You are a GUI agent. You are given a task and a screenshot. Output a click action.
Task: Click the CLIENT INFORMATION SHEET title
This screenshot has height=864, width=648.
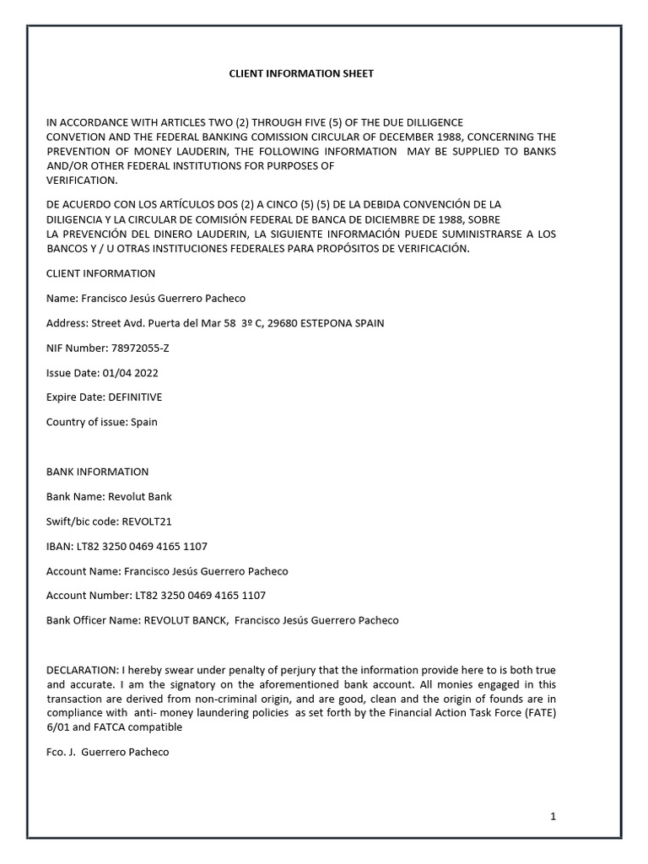tap(301, 74)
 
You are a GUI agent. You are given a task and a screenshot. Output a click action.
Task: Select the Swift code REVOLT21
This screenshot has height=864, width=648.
tap(148, 521)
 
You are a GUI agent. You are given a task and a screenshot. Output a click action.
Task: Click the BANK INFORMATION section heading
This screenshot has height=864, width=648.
tap(97, 472)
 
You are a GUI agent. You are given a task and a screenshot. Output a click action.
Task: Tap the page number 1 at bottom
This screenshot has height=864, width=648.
tap(553, 816)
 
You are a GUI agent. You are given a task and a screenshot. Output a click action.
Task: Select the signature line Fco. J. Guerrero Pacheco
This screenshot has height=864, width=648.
tap(107, 751)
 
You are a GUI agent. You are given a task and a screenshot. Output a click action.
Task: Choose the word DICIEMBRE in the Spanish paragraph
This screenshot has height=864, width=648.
tap(372, 219)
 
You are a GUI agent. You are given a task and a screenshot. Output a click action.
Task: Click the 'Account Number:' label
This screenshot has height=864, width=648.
tap(89, 596)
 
